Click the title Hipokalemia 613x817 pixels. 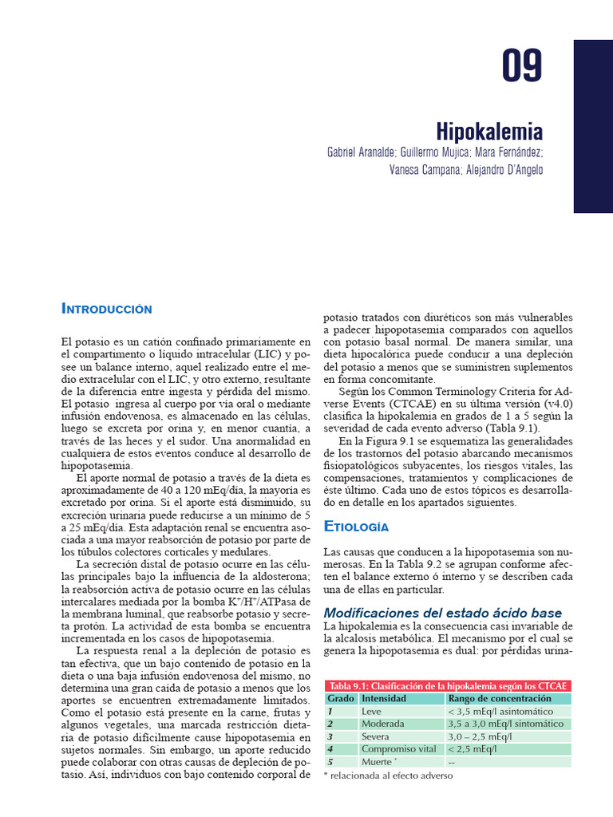(489, 131)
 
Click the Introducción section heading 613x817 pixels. (107, 308)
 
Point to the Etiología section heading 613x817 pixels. (355, 527)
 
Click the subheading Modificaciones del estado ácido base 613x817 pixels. (442, 612)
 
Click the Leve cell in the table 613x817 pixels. (371, 711)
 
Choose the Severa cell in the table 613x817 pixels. (375, 736)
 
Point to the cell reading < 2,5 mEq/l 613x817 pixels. (474, 749)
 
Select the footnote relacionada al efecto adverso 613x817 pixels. (387, 775)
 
